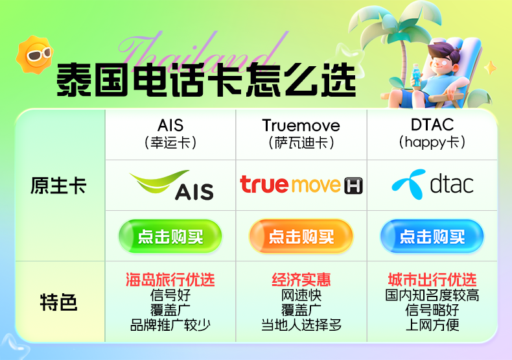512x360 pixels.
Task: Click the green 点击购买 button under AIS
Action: coord(170,237)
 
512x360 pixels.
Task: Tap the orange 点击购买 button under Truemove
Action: coord(301,237)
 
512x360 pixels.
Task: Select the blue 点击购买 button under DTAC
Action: coord(432,237)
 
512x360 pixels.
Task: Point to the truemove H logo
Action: coord(301,185)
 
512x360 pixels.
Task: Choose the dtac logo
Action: coord(432,185)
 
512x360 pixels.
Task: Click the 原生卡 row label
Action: coord(58,186)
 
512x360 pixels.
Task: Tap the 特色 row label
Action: coord(58,302)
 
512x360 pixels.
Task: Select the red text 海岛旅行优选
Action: coord(170,280)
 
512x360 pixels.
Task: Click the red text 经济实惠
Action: coord(301,280)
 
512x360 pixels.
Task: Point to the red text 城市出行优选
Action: coord(432,280)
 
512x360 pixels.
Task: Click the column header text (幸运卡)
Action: coord(170,142)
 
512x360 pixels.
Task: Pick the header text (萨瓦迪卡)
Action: coord(301,142)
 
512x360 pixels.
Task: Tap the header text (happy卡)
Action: coord(432,142)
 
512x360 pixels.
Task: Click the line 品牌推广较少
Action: coord(170,325)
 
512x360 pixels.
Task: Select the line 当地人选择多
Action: coord(301,325)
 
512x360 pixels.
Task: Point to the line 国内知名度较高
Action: coord(432,295)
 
